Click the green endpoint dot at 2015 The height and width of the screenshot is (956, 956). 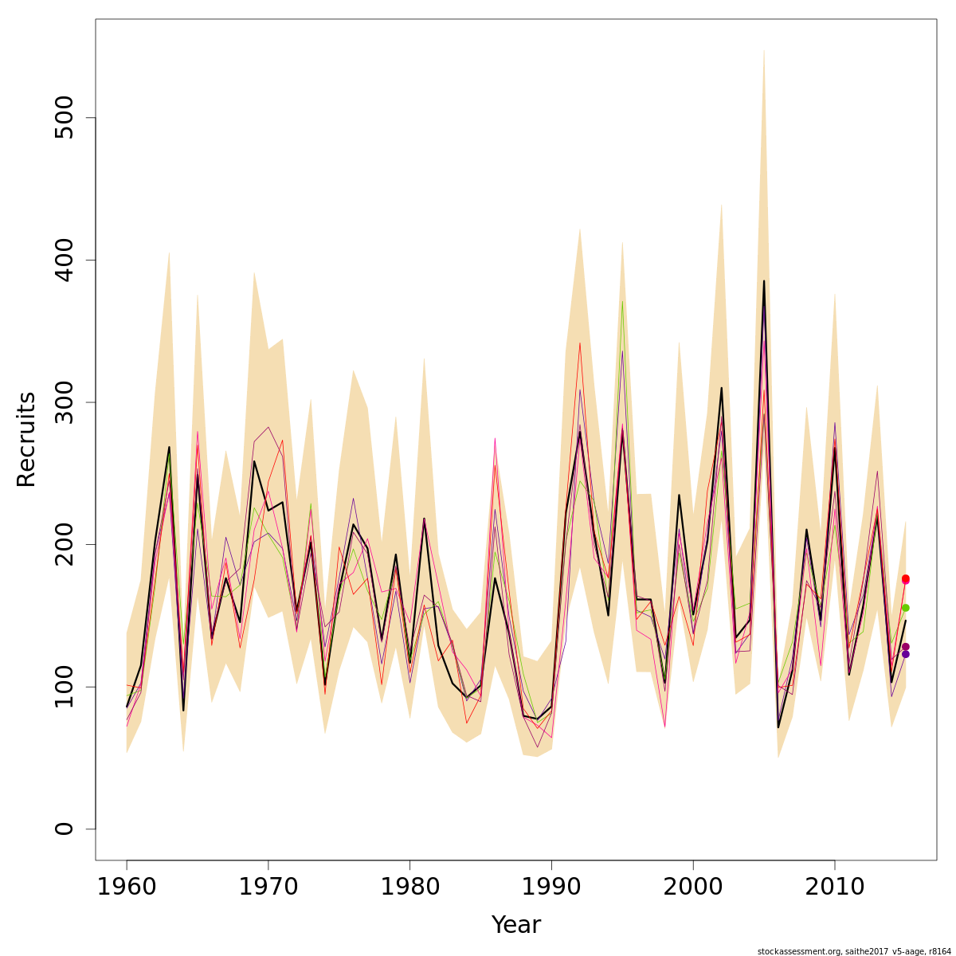click(x=905, y=608)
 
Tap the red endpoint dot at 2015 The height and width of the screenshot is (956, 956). click(x=905, y=578)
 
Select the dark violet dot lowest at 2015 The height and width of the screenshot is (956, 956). click(x=905, y=654)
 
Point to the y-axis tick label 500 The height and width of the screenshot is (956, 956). click(x=63, y=118)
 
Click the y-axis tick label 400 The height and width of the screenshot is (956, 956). click(x=63, y=260)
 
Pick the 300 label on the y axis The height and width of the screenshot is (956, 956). click(x=63, y=402)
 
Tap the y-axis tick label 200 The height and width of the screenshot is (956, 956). click(x=63, y=544)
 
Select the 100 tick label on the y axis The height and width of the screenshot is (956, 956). click(x=63, y=687)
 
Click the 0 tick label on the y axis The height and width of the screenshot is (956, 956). click(x=63, y=829)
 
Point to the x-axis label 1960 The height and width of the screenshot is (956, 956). click(x=127, y=886)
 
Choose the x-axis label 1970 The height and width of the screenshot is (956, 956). click(x=268, y=886)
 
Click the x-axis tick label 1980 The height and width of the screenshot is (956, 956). click(x=409, y=886)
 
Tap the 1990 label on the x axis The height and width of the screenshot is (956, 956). click(x=551, y=886)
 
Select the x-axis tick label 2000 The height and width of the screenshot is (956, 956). click(x=693, y=886)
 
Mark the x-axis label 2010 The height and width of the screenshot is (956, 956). click(x=835, y=886)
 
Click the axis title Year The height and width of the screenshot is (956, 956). click(x=515, y=925)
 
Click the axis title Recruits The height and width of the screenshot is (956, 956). click(x=26, y=439)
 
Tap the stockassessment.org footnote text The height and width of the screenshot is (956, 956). click(x=853, y=950)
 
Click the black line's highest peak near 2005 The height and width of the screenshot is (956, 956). click(x=764, y=280)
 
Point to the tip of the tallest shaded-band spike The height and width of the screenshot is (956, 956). click(x=764, y=49)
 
